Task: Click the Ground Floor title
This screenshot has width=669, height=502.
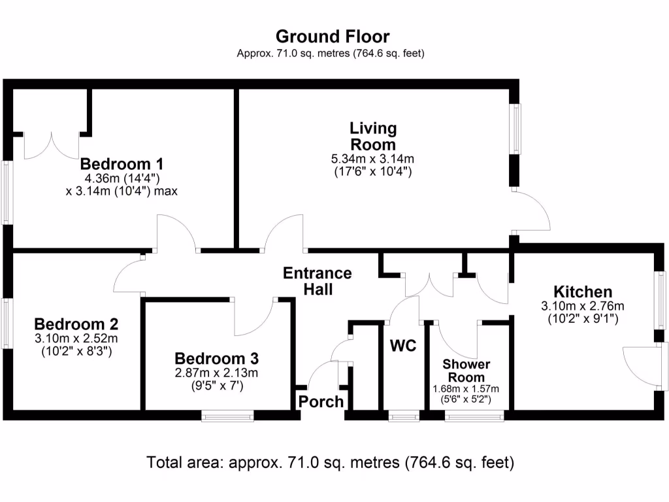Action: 333,36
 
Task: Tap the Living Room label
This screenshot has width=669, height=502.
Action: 373,136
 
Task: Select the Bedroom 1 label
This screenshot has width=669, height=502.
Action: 122,163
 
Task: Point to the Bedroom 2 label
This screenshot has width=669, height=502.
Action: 76,324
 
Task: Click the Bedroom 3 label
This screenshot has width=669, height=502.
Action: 217,359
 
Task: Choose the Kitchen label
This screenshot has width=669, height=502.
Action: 583,292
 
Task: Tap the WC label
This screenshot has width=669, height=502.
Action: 403,346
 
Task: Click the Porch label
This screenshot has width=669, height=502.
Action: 321,401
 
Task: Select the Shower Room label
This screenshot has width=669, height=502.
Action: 466,371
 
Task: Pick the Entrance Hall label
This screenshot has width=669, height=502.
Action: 318,281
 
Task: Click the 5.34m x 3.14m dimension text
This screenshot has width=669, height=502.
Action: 373,159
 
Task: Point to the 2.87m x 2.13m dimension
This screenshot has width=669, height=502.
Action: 217,373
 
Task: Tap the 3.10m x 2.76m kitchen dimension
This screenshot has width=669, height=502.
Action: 583,306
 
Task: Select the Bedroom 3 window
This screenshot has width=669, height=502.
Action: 227,414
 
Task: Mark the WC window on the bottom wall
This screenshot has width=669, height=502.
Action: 403,414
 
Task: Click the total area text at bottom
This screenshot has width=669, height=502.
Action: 331,463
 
